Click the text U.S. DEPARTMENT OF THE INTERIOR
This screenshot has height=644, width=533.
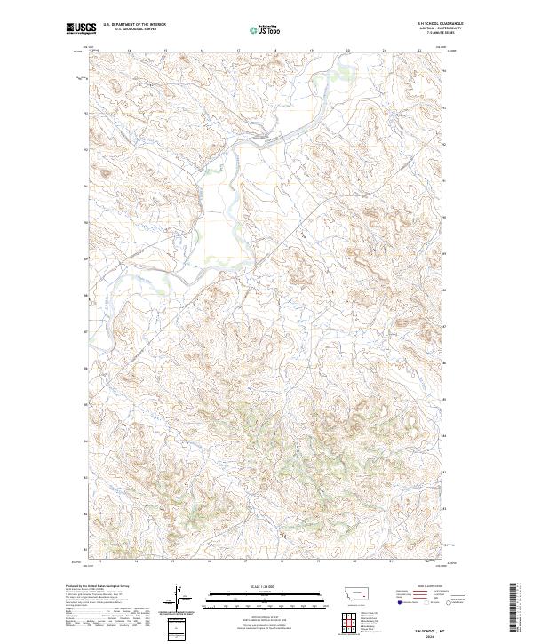point(134,26)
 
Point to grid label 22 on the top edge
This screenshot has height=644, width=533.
point(418,51)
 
